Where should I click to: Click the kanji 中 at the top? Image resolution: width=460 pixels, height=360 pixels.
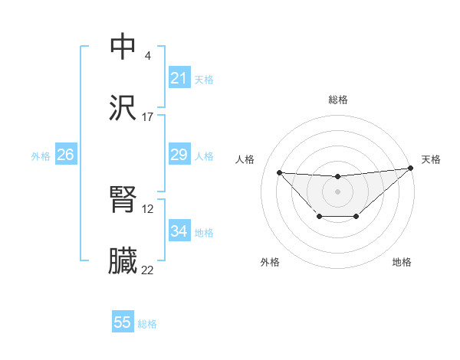point(123,47)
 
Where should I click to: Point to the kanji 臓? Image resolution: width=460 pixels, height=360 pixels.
point(123,261)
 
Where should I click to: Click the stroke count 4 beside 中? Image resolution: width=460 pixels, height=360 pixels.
point(148,56)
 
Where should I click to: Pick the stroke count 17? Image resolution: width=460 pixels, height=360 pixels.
point(148,116)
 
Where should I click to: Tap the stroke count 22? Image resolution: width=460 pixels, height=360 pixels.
point(148,270)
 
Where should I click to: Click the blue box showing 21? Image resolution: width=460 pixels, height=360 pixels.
point(179,78)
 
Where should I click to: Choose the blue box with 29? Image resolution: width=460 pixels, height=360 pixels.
point(179,155)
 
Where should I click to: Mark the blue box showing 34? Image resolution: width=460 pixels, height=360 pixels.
point(179,231)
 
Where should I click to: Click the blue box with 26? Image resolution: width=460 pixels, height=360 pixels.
point(65,155)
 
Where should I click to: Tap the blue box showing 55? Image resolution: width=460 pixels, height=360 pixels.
point(122,322)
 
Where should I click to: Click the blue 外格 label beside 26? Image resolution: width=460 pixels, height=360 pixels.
point(41,156)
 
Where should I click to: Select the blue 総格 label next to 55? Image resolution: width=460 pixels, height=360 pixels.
point(147,324)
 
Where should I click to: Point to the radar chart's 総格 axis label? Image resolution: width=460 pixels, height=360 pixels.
point(337,100)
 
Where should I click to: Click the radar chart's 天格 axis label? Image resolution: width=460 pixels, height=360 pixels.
point(431,159)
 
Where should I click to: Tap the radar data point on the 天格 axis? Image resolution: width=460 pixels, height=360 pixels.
point(410,168)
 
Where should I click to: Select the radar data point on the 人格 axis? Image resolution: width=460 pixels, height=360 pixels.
point(279,172)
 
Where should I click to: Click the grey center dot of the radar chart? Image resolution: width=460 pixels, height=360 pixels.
point(337,191)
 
